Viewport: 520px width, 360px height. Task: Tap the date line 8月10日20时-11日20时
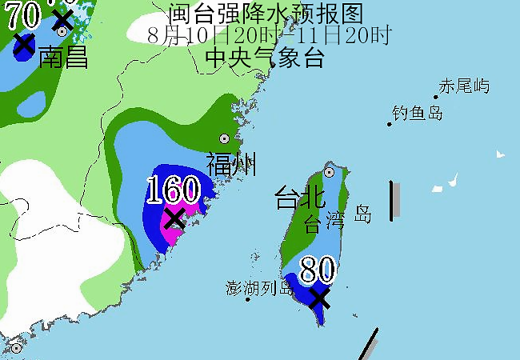270,35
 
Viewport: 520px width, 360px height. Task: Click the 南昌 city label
63,58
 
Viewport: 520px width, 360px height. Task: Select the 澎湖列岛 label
260,288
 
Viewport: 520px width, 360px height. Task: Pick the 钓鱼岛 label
418,113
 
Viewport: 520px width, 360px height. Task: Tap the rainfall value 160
173,190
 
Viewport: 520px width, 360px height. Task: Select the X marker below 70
24,44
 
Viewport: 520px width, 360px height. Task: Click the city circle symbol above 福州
224,138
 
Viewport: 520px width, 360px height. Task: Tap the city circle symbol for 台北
329,172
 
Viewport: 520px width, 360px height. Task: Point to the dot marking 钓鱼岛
390,124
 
